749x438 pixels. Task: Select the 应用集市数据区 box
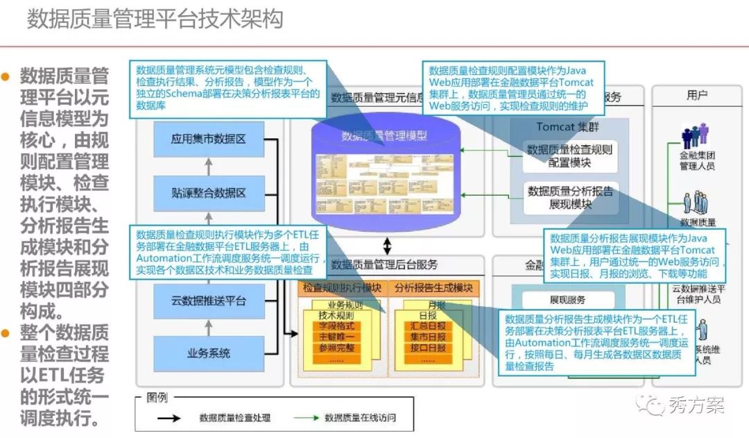click(208, 140)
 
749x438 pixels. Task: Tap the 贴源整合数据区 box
click(208, 192)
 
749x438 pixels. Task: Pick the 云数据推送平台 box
click(208, 301)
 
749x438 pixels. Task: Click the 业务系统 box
click(208, 353)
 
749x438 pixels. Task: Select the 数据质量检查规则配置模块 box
click(569, 156)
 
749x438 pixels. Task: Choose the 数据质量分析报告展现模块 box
click(569, 197)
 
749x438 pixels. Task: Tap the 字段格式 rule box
click(336, 325)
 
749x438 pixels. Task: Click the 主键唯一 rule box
click(336, 337)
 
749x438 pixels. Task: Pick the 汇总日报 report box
click(427, 325)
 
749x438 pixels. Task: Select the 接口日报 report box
click(427, 348)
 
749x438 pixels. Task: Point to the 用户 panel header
click(696, 95)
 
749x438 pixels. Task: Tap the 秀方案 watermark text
click(696, 405)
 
